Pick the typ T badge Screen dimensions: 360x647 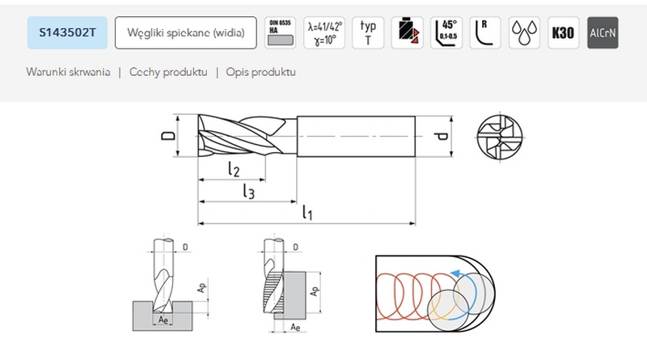368,33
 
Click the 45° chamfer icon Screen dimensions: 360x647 446,33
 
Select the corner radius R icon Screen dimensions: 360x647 485,33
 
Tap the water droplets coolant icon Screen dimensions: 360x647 524,33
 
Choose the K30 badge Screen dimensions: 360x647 563,33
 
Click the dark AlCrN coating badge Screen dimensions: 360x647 602,33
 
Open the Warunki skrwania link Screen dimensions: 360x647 68,72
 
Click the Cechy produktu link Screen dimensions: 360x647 168,72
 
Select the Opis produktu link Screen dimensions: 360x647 260,72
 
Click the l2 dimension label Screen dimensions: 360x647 234,170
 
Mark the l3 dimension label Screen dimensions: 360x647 249,192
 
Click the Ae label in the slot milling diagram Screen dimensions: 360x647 163,320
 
